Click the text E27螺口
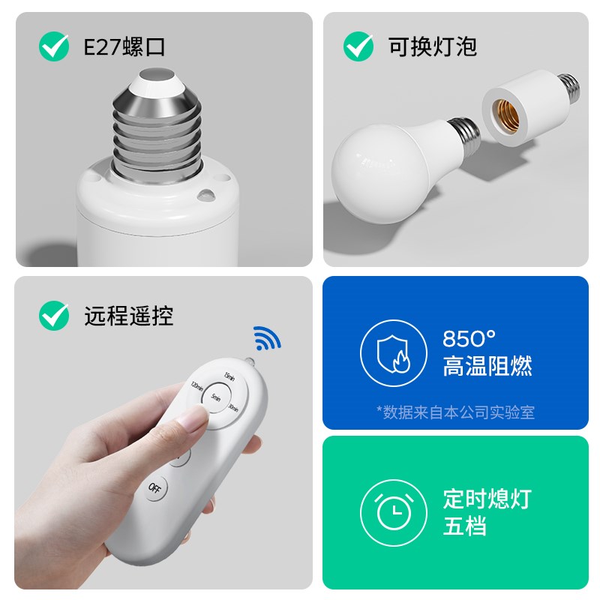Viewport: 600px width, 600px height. (x=124, y=47)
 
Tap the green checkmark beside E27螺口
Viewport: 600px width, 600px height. (x=54, y=47)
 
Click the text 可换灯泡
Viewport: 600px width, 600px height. (x=433, y=47)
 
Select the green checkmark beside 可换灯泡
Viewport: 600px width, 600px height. (x=358, y=47)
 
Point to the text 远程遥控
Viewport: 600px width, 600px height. (x=128, y=316)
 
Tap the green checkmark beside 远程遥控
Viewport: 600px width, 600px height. (x=54, y=316)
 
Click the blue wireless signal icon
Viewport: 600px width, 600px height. (x=267, y=339)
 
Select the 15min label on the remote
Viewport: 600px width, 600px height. (x=230, y=377)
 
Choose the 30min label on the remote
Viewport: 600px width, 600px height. (x=233, y=408)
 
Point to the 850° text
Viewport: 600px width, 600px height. (x=469, y=339)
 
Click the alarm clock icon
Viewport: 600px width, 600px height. (x=388, y=511)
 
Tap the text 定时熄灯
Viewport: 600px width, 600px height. (x=486, y=499)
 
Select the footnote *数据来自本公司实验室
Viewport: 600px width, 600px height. (x=455, y=412)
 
